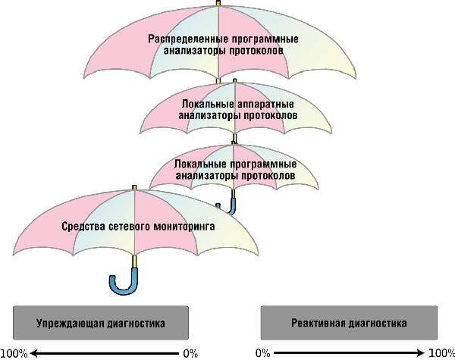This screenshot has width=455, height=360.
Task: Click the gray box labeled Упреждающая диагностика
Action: (x=101, y=323)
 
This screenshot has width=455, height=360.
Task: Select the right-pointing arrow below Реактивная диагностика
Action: (x=349, y=353)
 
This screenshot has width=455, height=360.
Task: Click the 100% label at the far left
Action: (x=14, y=353)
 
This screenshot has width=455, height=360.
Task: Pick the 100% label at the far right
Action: (x=442, y=353)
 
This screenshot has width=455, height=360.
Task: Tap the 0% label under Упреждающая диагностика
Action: (x=190, y=353)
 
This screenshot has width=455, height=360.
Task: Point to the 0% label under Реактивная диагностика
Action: (x=262, y=353)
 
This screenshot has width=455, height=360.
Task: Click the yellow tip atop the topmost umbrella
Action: (x=218, y=3)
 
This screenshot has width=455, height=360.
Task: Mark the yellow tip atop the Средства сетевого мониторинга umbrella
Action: (x=134, y=186)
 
